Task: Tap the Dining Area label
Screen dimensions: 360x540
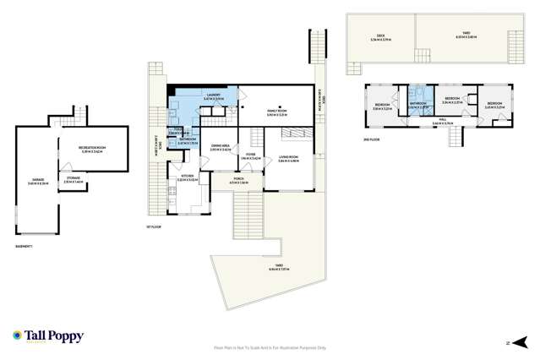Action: [x=222, y=145]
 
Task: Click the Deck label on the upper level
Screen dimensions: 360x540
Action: [x=380, y=36]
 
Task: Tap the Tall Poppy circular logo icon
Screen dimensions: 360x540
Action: [x=17, y=335]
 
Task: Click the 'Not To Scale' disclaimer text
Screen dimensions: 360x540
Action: [x=270, y=347]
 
